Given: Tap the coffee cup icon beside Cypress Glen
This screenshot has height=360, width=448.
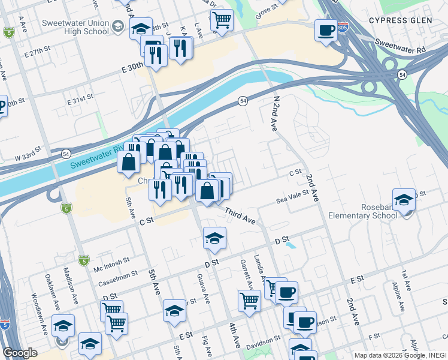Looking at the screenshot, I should (326, 30).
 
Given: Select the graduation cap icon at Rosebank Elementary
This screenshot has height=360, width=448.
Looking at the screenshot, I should (404, 200).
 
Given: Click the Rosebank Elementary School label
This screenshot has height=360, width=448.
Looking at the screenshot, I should (375, 211).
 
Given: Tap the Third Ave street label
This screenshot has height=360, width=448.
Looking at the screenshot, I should (241, 217).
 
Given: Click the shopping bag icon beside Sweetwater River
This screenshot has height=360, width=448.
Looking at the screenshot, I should (129, 161).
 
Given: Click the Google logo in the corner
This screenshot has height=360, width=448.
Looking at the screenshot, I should (20, 353).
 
